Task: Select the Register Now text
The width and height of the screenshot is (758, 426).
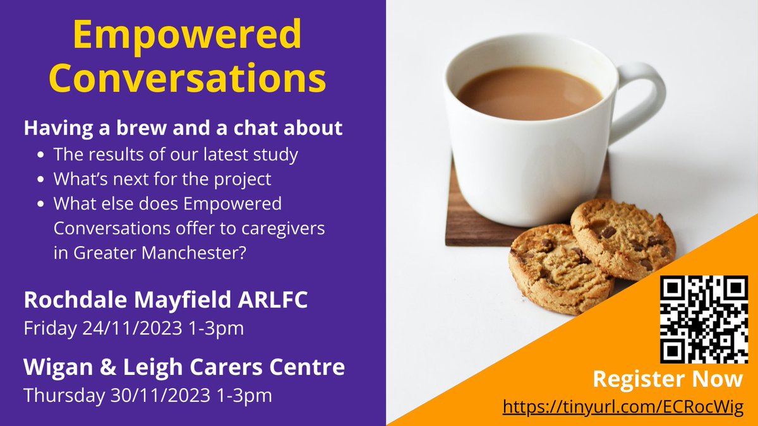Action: pos(668,379)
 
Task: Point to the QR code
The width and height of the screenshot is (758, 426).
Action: pos(704,319)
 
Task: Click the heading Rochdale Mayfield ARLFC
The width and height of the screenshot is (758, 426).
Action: pos(165,300)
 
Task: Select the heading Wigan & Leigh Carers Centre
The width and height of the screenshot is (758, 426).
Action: pos(184,367)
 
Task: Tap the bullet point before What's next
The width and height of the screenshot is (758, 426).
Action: pos(41,180)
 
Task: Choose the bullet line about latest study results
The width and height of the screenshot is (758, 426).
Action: pos(176,153)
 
